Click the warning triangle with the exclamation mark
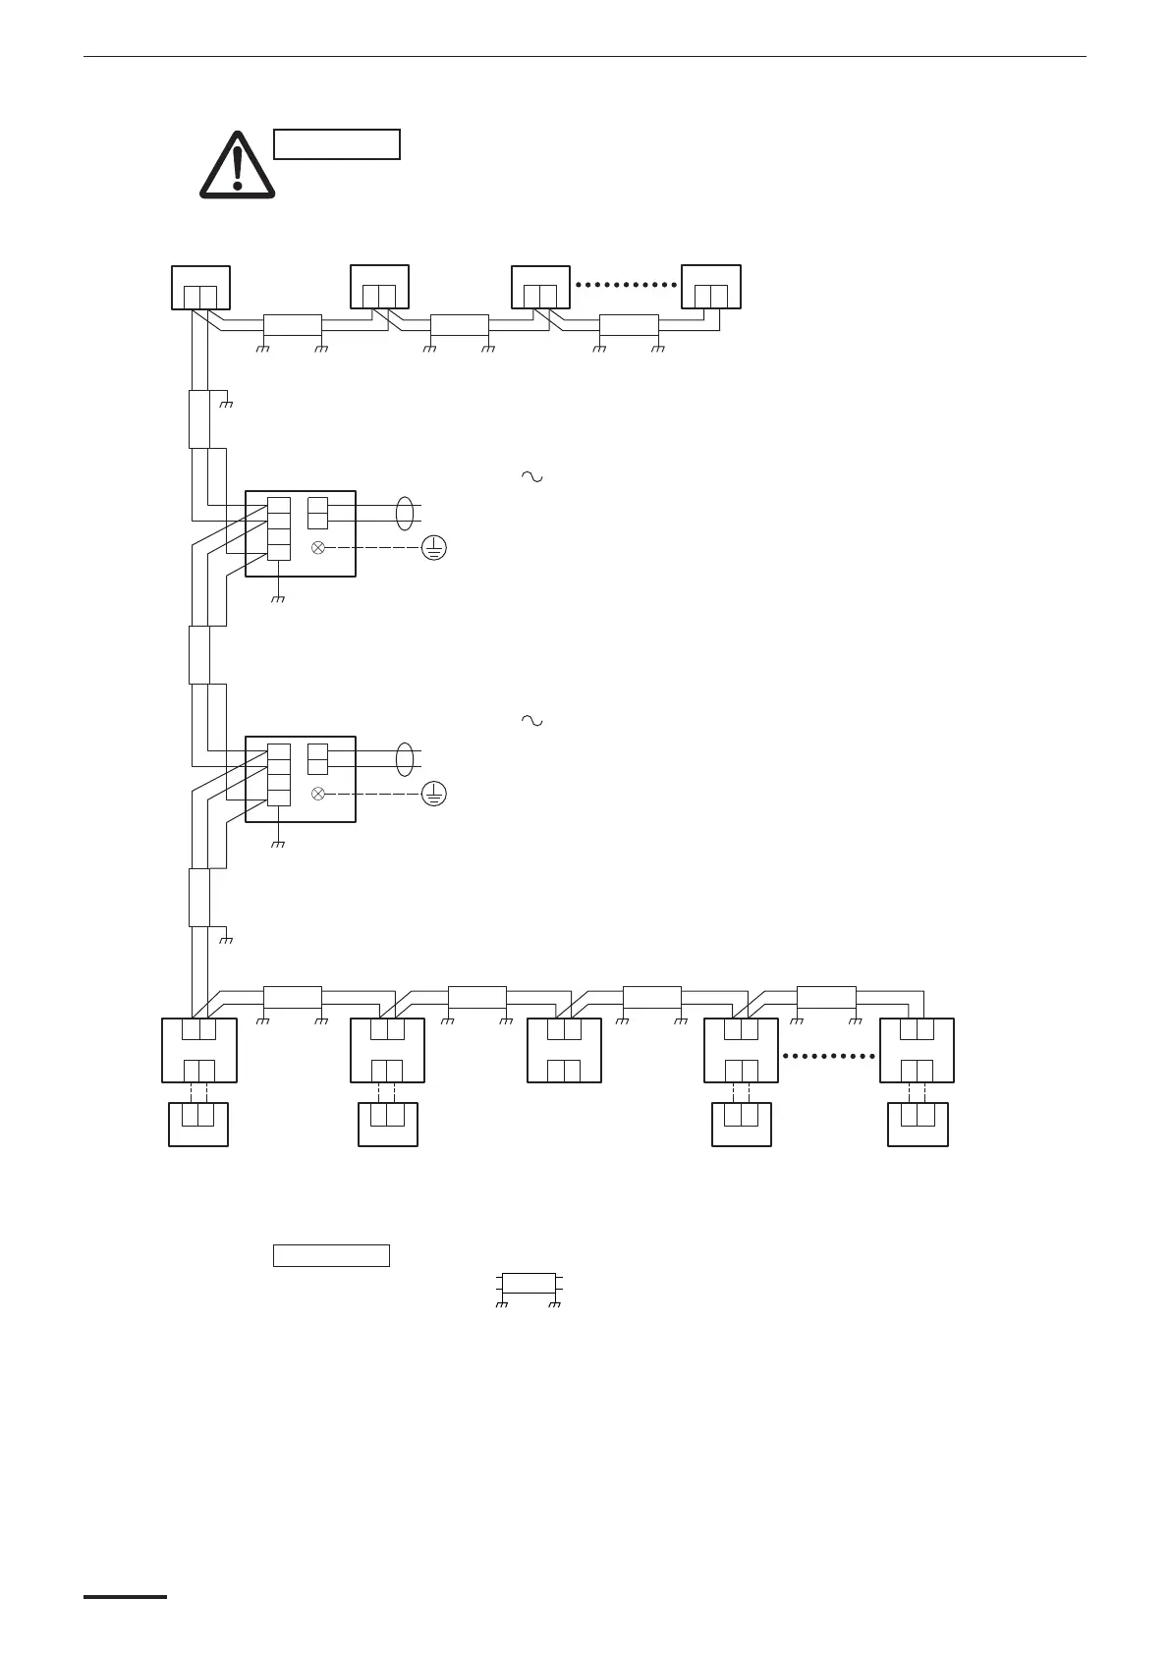(x=237, y=164)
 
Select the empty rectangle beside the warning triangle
(x=336, y=144)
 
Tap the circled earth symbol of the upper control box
(x=433, y=548)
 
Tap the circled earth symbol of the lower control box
(x=433, y=794)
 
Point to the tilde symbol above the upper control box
(x=531, y=476)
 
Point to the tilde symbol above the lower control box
(x=531, y=721)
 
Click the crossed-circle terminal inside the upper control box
(x=318, y=548)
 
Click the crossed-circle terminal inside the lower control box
(x=318, y=794)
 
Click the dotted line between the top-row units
(x=627, y=285)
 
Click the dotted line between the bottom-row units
(x=829, y=1056)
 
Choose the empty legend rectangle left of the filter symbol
(x=331, y=1255)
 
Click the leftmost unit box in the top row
(x=200, y=287)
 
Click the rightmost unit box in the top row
(x=711, y=287)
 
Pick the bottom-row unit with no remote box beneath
(x=564, y=1050)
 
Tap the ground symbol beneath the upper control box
(x=278, y=597)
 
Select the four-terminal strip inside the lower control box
(x=279, y=774)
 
